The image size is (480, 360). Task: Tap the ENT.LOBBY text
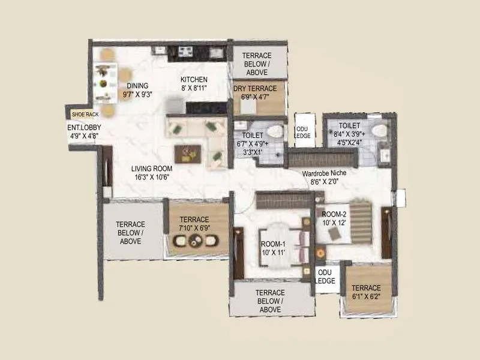(x=83, y=127)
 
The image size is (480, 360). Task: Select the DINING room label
(x=137, y=86)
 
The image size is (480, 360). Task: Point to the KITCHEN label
(x=194, y=79)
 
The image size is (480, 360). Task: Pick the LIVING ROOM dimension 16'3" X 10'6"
(x=152, y=177)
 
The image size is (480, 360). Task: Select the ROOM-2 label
(x=335, y=214)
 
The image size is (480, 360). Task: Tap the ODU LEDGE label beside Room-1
(x=325, y=277)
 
